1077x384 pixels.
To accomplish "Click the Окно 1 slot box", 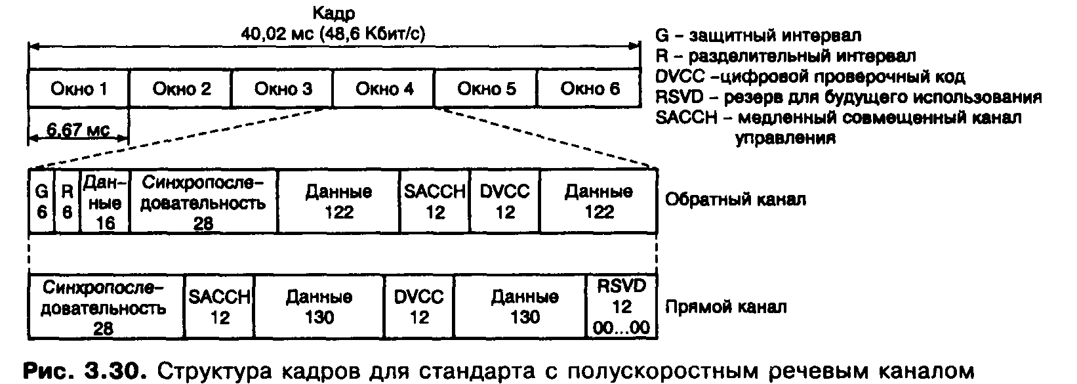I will (x=79, y=89).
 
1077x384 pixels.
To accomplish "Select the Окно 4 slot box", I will (x=384, y=89).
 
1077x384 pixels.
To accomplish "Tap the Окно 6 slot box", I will (x=589, y=89).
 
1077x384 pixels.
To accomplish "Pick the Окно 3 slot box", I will (x=283, y=89).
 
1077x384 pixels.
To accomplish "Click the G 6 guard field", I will (x=41, y=202).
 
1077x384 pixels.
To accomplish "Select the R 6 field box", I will (x=66, y=202).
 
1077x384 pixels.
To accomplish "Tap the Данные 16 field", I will (x=104, y=202).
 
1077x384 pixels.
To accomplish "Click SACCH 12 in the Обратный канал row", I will (x=435, y=202).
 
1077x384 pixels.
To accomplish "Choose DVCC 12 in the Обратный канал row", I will (x=505, y=202).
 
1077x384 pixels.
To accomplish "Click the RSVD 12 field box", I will (x=620, y=307).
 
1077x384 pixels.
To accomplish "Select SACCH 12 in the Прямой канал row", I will (x=220, y=307).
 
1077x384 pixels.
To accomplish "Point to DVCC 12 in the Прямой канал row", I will (x=419, y=307).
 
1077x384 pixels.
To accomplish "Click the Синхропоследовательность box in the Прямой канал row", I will (x=106, y=307).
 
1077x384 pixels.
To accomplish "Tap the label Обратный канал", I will (x=735, y=200).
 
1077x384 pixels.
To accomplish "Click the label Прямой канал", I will (x=725, y=307).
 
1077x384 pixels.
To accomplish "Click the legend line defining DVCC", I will (x=809, y=77).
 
